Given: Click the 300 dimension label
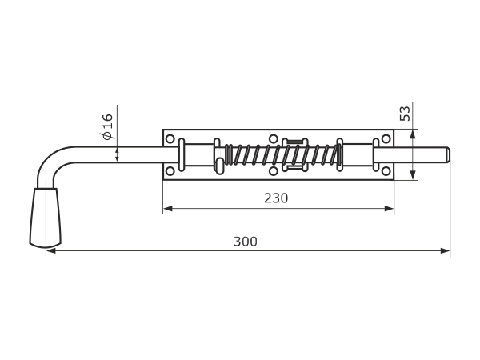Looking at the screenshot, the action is coord(246,242).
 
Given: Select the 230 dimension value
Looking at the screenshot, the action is coord(276,198).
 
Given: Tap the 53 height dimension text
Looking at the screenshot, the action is coord(405,114).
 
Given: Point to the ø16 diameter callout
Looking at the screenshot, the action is coord(108,126).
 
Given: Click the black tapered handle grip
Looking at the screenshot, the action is coord(46,218).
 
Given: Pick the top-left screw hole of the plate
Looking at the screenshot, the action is coord(170,139).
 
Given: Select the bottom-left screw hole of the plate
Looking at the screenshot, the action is coord(170,171).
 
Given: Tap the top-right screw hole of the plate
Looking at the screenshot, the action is coord(386,139).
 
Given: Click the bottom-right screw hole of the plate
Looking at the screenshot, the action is coord(386,171).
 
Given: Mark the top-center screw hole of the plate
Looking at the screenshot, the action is coord(274,139).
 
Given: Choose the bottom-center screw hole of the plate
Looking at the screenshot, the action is coord(274,171).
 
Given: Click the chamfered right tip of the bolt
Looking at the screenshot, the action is coord(448,155).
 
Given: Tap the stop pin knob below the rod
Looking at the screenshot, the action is coord(219,166).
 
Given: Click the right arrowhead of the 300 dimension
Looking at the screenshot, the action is coord(446,251).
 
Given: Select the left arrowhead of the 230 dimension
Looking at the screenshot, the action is coord(168,209).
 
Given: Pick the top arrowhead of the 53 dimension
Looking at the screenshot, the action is coord(413,134).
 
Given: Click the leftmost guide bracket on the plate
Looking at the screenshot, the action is coord(182,154).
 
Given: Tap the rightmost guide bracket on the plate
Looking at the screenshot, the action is coord(376,154).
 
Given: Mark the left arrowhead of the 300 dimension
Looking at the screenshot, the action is coord(51,251).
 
